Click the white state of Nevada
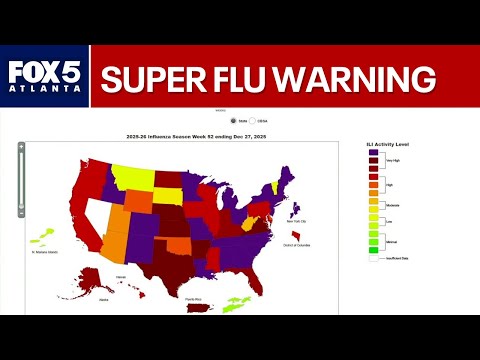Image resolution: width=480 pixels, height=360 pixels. pos(98,212)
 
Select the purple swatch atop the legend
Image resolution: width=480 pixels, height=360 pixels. pos(373,153)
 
